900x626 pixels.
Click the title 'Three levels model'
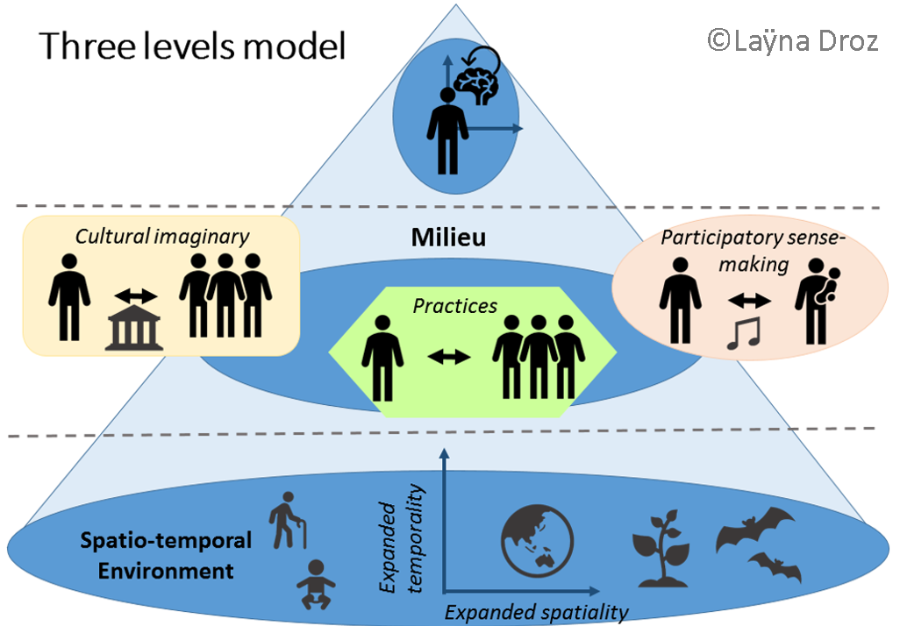(x=192, y=46)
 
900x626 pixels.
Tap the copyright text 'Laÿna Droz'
(x=793, y=39)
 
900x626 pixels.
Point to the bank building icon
(x=134, y=331)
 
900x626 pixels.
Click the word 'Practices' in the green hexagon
(x=455, y=306)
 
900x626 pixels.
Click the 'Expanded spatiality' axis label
(x=537, y=611)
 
